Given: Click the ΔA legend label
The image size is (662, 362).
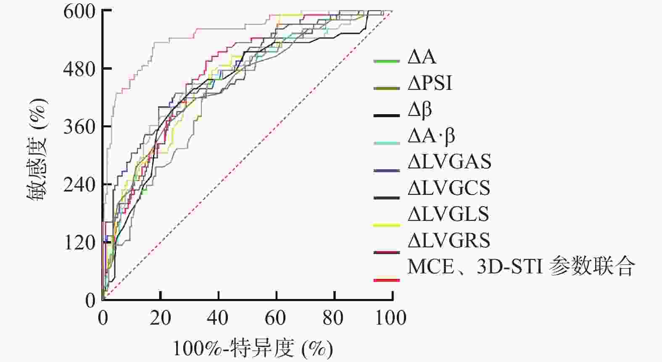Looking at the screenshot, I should pyautogui.click(x=422, y=57).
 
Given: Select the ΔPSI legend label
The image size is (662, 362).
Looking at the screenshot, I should pyautogui.click(x=430, y=84).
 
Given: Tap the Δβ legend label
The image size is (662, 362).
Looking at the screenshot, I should pyautogui.click(x=420, y=110).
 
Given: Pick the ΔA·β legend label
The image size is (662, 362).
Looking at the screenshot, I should pyautogui.click(x=431, y=136).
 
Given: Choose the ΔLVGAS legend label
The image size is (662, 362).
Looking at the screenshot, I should pyautogui.click(x=449, y=162).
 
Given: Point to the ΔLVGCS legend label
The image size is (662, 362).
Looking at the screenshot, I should pyautogui.click(x=449, y=188).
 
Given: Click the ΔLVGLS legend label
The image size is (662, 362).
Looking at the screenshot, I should pyautogui.click(x=448, y=214).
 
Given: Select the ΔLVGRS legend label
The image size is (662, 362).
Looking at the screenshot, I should pyautogui.click(x=449, y=240).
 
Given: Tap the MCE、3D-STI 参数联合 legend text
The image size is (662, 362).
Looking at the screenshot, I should pyautogui.click(x=520, y=266).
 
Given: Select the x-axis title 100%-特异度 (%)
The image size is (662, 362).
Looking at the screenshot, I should pyautogui.click(x=253, y=348).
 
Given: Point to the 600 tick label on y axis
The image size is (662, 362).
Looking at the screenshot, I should pyautogui.click(x=80, y=11).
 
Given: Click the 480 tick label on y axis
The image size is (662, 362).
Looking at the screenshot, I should pyautogui.click(x=80, y=69).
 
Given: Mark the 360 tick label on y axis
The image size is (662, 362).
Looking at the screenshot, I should pyautogui.click(x=80, y=127).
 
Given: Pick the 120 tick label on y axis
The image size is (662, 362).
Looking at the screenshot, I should pyautogui.click(x=80, y=243).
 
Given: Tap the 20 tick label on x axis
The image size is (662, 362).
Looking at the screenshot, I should pyautogui.click(x=161, y=318).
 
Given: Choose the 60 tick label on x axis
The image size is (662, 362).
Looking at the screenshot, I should pyautogui.click(x=276, y=318).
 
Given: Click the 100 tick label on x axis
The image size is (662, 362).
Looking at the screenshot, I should pyautogui.click(x=390, y=318).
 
